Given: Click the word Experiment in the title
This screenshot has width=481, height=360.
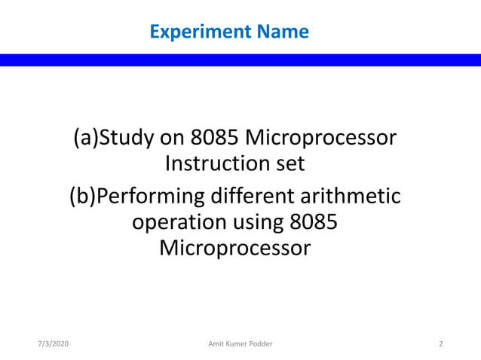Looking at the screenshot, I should pos(190,32).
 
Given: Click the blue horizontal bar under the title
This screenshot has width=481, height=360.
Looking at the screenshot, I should pos(240,60).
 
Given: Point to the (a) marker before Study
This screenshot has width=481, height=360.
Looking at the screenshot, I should pos(85,139).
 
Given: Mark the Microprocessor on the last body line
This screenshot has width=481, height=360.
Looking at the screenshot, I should pos(234,248).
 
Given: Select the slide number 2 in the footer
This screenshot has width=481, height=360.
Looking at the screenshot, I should pos(440,344).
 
